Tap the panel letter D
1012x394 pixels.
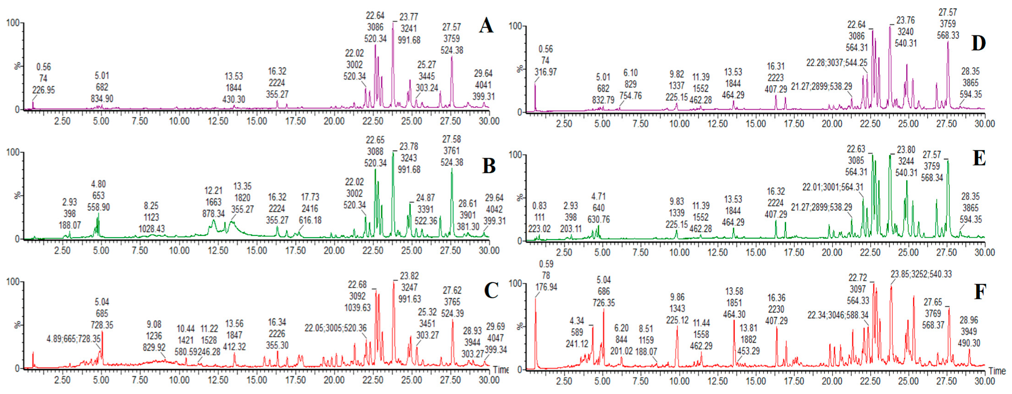tap(978, 43)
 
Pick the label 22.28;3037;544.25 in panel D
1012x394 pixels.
tap(836, 63)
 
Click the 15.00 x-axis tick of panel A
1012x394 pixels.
tap(256, 121)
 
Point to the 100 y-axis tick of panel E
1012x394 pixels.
tap(515, 155)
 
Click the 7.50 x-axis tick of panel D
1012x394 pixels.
tap(640, 124)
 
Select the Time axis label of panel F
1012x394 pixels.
tap(997, 371)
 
